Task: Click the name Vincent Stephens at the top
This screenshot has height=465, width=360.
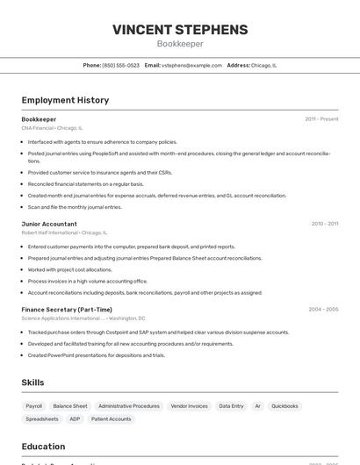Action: point(180,30)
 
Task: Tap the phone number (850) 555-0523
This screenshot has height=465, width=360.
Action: point(121,65)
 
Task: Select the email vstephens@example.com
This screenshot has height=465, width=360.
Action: point(191,65)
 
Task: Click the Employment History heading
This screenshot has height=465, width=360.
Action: point(65,100)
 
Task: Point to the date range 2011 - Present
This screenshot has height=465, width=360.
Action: point(321,119)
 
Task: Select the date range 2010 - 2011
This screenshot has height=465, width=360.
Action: point(325,224)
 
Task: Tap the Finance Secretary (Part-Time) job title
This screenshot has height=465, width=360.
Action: point(67,310)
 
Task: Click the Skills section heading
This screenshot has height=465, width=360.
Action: point(33,383)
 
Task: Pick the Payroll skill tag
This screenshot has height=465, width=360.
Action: point(34,406)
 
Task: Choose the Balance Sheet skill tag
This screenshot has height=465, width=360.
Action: point(70,406)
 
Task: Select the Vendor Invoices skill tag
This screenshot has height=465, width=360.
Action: point(190,406)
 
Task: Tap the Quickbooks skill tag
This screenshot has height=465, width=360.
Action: point(284,406)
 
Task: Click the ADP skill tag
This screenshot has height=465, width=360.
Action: point(75,419)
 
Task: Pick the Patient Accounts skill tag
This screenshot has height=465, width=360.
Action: point(112,419)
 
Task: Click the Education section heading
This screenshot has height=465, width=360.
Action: point(44,447)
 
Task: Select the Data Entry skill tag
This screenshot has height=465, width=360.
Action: point(232,406)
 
